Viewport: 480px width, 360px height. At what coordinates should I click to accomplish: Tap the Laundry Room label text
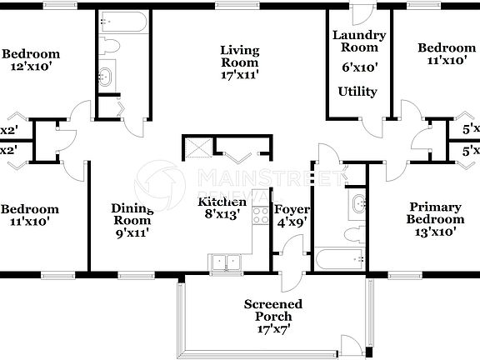tap(359, 42)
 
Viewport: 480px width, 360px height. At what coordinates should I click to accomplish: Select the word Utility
tap(357, 92)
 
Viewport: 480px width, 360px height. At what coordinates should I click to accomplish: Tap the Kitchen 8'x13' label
tap(222, 208)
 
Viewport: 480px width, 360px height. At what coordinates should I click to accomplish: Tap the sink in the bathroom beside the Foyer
tap(359, 203)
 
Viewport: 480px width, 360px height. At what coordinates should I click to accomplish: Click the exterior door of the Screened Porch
tap(352, 346)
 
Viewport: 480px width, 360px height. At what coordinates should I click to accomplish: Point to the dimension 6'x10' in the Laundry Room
tap(358, 67)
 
